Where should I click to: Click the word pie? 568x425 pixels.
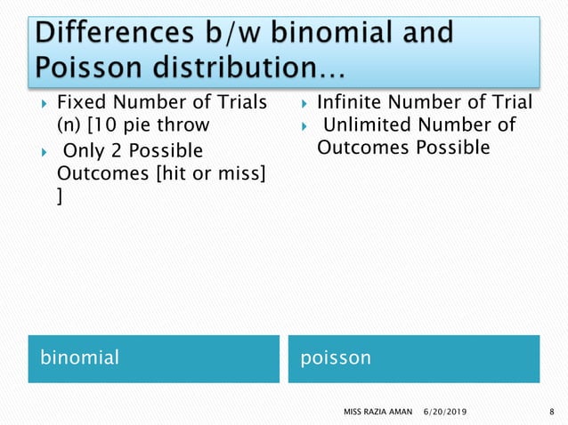134,124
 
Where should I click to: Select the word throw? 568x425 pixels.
179,124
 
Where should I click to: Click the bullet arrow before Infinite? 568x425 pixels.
304,103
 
